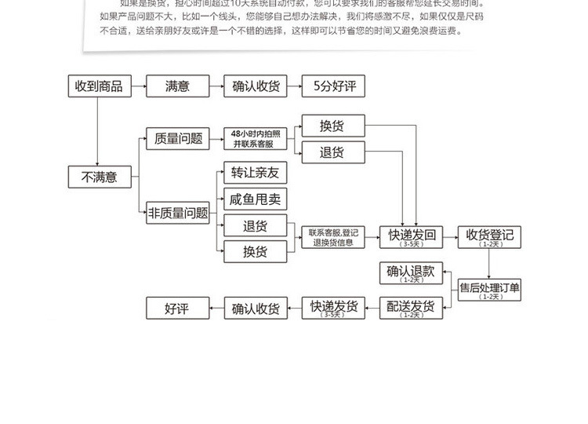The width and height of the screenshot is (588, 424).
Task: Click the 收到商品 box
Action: (x=99, y=86)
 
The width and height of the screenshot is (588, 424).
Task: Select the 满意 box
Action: (x=176, y=86)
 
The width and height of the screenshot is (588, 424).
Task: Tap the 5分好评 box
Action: (x=333, y=86)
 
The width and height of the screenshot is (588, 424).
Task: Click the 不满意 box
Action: (x=99, y=177)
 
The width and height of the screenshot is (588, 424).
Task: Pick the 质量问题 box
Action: (x=178, y=139)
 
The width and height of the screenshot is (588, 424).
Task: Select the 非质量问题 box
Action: (x=178, y=212)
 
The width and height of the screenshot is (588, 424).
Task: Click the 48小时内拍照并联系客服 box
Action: (x=256, y=139)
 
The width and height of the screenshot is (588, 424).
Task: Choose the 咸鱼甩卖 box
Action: (x=255, y=199)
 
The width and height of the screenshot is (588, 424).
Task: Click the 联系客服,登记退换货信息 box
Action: (x=333, y=237)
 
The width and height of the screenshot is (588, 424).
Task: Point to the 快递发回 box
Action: (x=412, y=236)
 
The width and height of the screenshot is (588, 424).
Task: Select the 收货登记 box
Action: (x=490, y=236)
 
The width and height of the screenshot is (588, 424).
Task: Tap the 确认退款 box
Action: (x=412, y=272)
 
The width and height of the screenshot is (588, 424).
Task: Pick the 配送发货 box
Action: (x=412, y=309)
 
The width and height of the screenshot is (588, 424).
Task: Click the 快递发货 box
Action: (x=333, y=309)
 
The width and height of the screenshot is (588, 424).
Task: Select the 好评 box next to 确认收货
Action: (x=177, y=309)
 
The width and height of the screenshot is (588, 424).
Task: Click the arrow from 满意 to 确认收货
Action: (x=216, y=86)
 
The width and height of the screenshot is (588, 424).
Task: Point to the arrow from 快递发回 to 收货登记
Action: (x=451, y=236)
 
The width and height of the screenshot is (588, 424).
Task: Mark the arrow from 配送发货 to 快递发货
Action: (x=372, y=309)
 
